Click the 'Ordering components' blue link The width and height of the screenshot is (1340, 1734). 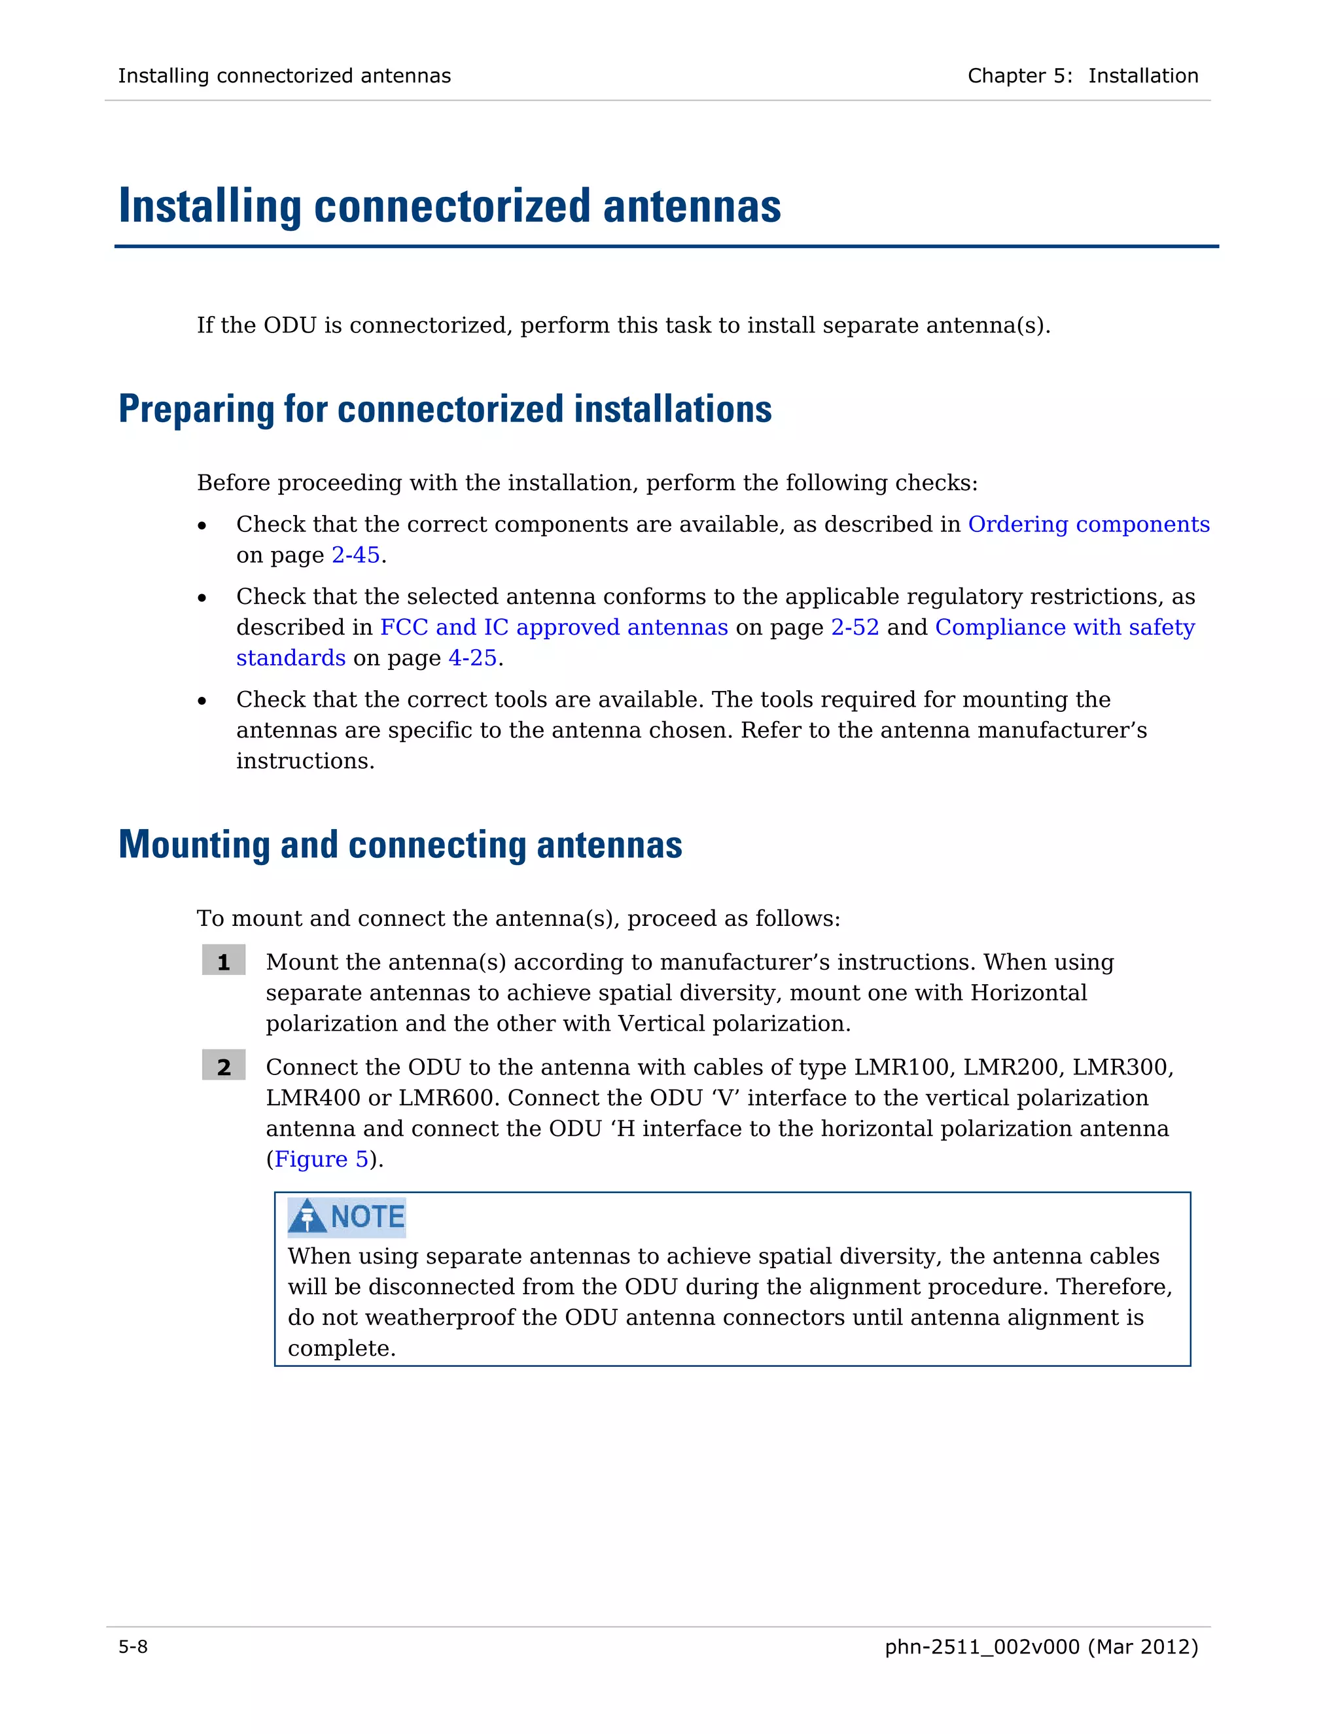point(1088,524)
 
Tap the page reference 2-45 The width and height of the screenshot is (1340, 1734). point(356,555)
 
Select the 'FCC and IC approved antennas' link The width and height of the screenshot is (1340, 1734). point(554,628)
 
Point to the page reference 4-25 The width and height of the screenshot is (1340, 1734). point(472,658)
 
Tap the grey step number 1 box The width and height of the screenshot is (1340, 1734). point(223,961)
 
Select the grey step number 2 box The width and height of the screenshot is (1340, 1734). point(223,1067)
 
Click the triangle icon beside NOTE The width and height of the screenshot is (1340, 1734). point(308,1216)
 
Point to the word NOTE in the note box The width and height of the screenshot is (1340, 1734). point(368,1216)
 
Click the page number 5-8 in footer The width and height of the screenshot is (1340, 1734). point(133,1647)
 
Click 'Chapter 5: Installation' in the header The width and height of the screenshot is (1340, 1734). point(1082,75)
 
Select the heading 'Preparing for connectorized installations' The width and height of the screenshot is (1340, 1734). point(444,410)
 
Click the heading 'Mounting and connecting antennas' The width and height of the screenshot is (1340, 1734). point(400,845)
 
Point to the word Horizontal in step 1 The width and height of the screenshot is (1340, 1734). point(1028,993)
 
